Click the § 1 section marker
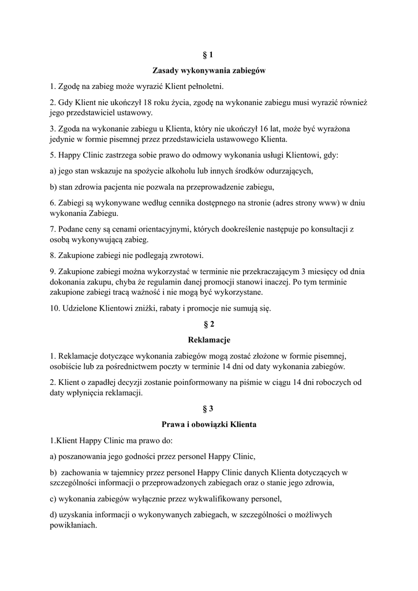pos(208,55)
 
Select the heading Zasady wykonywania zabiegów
pos(208,71)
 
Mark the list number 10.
pos(55,309)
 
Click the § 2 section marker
pos(208,324)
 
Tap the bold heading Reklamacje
pos(208,340)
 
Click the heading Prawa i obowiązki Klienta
pos(208,424)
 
